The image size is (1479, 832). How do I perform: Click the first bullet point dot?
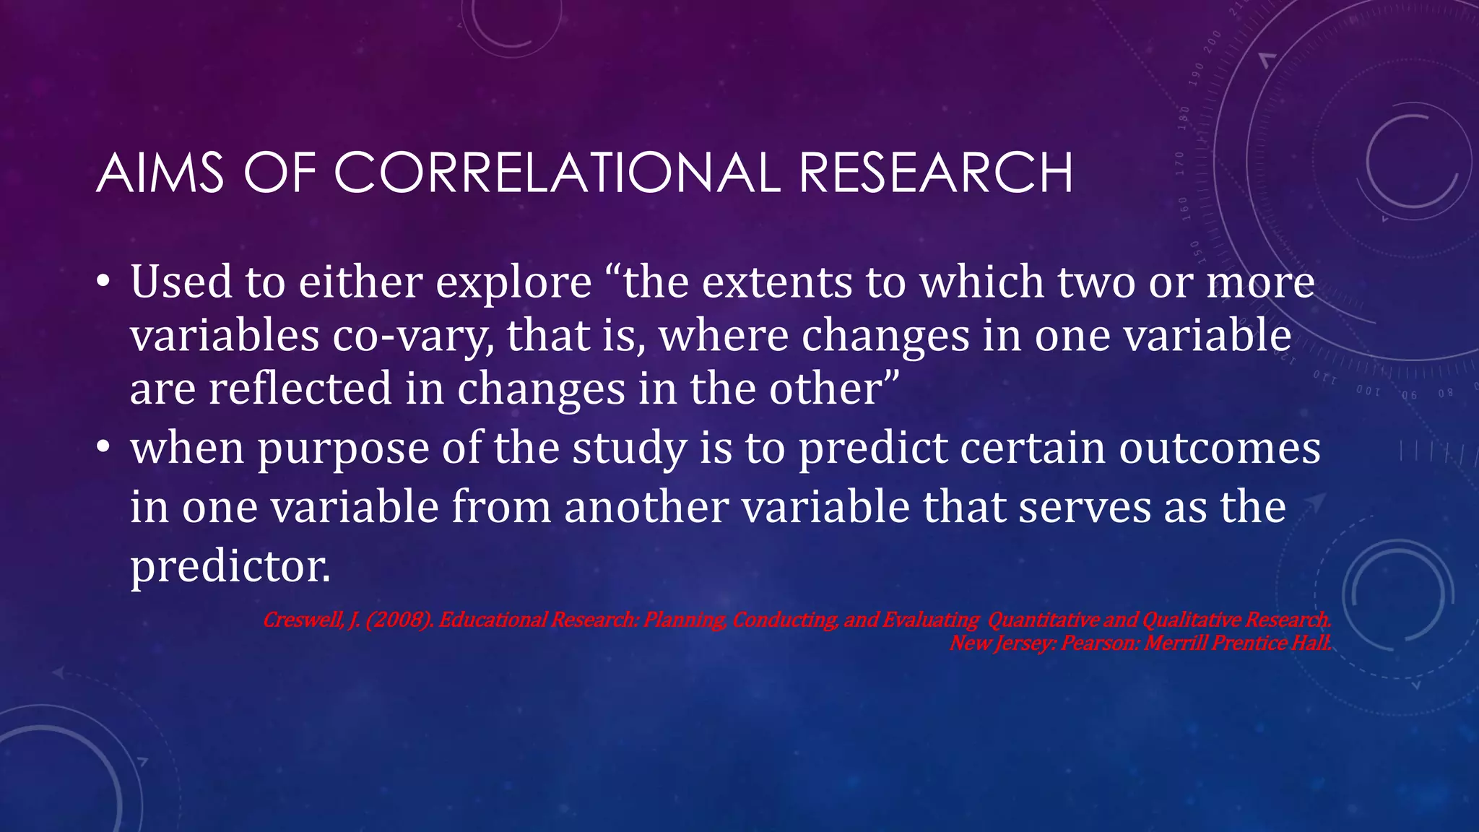click(x=104, y=282)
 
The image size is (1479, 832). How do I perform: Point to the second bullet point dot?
click(x=104, y=448)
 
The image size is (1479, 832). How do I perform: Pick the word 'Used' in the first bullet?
click(x=181, y=282)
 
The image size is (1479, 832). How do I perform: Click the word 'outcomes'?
click(x=1220, y=448)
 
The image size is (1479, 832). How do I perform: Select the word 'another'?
click(x=646, y=507)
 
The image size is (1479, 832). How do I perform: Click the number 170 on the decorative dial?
click(x=1180, y=163)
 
